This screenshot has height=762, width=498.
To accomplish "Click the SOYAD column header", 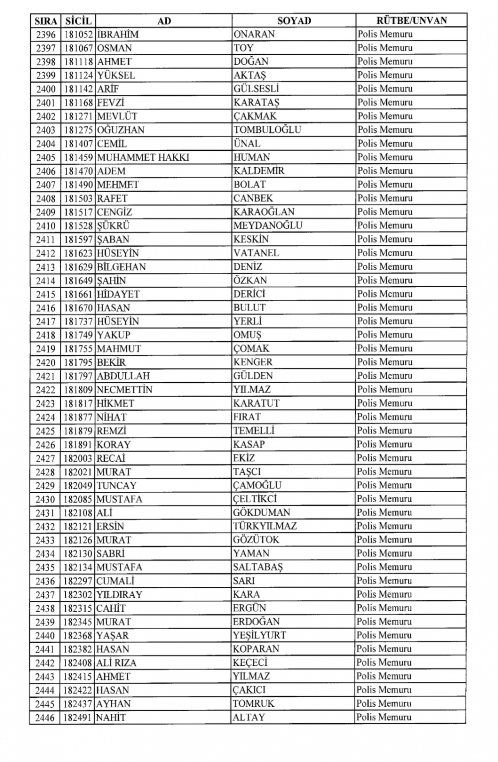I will pyautogui.click(x=294, y=21).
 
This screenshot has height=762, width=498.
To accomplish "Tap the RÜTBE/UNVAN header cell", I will pyautogui.click(x=411, y=20).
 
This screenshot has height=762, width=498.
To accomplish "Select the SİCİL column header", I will pyautogui.click(x=78, y=21).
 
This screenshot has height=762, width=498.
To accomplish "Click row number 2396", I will pyautogui.click(x=46, y=35).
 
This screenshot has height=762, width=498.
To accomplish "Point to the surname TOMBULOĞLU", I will pyautogui.click(x=267, y=130).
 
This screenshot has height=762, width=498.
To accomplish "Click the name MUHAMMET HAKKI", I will pyautogui.click(x=143, y=157).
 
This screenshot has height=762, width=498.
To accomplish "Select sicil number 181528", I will pyautogui.click(x=78, y=225).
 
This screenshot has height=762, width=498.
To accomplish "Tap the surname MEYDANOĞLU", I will pyautogui.click(x=268, y=225).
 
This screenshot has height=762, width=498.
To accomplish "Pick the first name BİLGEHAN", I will pyautogui.click(x=122, y=267).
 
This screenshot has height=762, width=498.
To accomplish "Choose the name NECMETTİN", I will pyautogui.click(x=124, y=390).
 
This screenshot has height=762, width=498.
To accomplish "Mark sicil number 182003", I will pyautogui.click(x=78, y=458).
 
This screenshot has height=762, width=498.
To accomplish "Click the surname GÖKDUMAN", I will pyautogui.click(x=261, y=513).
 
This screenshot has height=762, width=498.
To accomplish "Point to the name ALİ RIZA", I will pyautogui.click(x=117, y=663).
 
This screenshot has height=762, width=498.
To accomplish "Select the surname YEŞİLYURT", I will pyautogui.click(x=259, y=636).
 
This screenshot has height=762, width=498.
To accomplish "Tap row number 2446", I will pyautogui.click(x=46, y=718).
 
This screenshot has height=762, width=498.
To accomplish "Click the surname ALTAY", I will pyautogui.click(x=249, y=718).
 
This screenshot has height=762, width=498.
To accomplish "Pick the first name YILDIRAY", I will pyautogui.click(x=120, y=595).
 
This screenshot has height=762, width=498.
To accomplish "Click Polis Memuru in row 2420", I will pyautogui.click(x=385, y=362).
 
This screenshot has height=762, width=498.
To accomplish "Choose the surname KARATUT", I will pyautogui.click(x=256, y=403).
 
